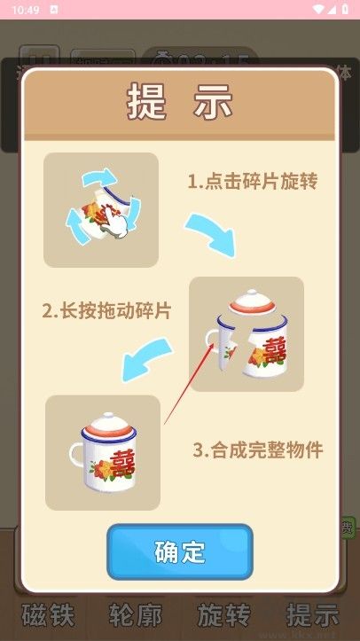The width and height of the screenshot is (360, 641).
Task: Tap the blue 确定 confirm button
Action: click(180, 551)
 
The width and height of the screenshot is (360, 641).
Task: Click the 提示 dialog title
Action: click(180, 103)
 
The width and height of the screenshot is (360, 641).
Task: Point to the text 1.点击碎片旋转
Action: click(252, 182)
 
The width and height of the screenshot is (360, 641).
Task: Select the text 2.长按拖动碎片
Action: click(106, 311)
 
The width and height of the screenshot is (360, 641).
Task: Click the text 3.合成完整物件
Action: click(258, 449)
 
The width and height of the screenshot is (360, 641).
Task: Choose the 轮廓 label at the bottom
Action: click(135, 615)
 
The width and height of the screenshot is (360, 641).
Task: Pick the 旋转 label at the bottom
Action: click(223, 615)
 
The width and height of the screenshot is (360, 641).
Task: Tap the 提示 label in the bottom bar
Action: click(312, 615)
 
